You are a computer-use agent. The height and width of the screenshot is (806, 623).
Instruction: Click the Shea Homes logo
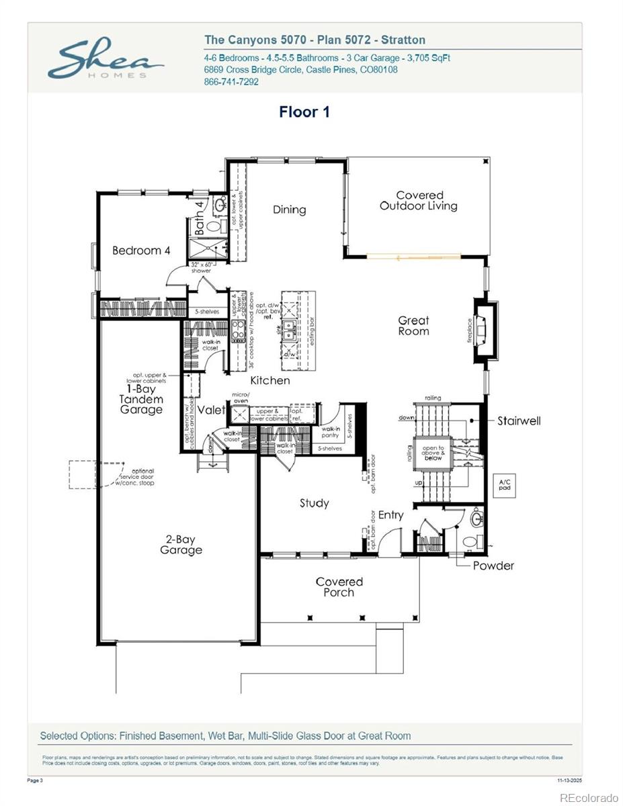click(106, 60)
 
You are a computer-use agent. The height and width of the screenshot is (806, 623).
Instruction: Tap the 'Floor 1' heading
click(304, 111)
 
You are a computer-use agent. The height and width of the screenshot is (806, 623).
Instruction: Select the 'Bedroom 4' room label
click(141, 251)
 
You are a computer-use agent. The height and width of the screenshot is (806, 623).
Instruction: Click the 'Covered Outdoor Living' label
click(419, 201)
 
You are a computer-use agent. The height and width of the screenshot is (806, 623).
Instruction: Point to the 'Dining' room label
click(289, 210)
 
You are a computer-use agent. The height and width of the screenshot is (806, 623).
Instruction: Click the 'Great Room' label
click(413, 326)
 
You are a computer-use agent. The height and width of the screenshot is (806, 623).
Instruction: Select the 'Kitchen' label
click(270, 380)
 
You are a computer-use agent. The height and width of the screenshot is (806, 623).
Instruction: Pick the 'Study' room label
click(314, 503)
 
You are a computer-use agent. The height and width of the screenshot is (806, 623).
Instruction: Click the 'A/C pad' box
click(503, 484)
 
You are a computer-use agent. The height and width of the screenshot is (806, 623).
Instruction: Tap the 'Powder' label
click(493, 566)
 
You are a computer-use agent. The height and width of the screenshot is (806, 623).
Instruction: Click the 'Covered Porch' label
click(339, 586)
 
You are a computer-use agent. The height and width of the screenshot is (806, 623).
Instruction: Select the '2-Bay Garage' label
click(181, 545)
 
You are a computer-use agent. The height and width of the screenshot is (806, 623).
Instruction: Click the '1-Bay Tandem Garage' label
click(141, 399)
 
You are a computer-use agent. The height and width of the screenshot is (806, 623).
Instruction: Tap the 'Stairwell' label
click(519, 421)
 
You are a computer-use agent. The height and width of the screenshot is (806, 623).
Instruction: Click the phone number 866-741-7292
click(231, 82)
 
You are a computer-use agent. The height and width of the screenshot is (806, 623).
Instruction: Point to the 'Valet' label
click(211, 410)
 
